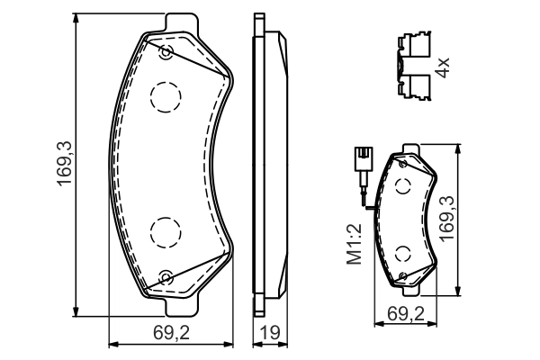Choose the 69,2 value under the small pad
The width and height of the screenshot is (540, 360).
point(404,313)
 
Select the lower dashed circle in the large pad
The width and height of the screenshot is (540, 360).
point(166,233)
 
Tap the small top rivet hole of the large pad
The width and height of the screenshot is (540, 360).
point(166,53)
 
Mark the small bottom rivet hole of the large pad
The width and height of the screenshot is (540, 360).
point(166,276)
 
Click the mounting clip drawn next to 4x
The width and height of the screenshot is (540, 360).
point(413,66)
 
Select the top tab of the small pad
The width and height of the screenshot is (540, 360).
point(410,148)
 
